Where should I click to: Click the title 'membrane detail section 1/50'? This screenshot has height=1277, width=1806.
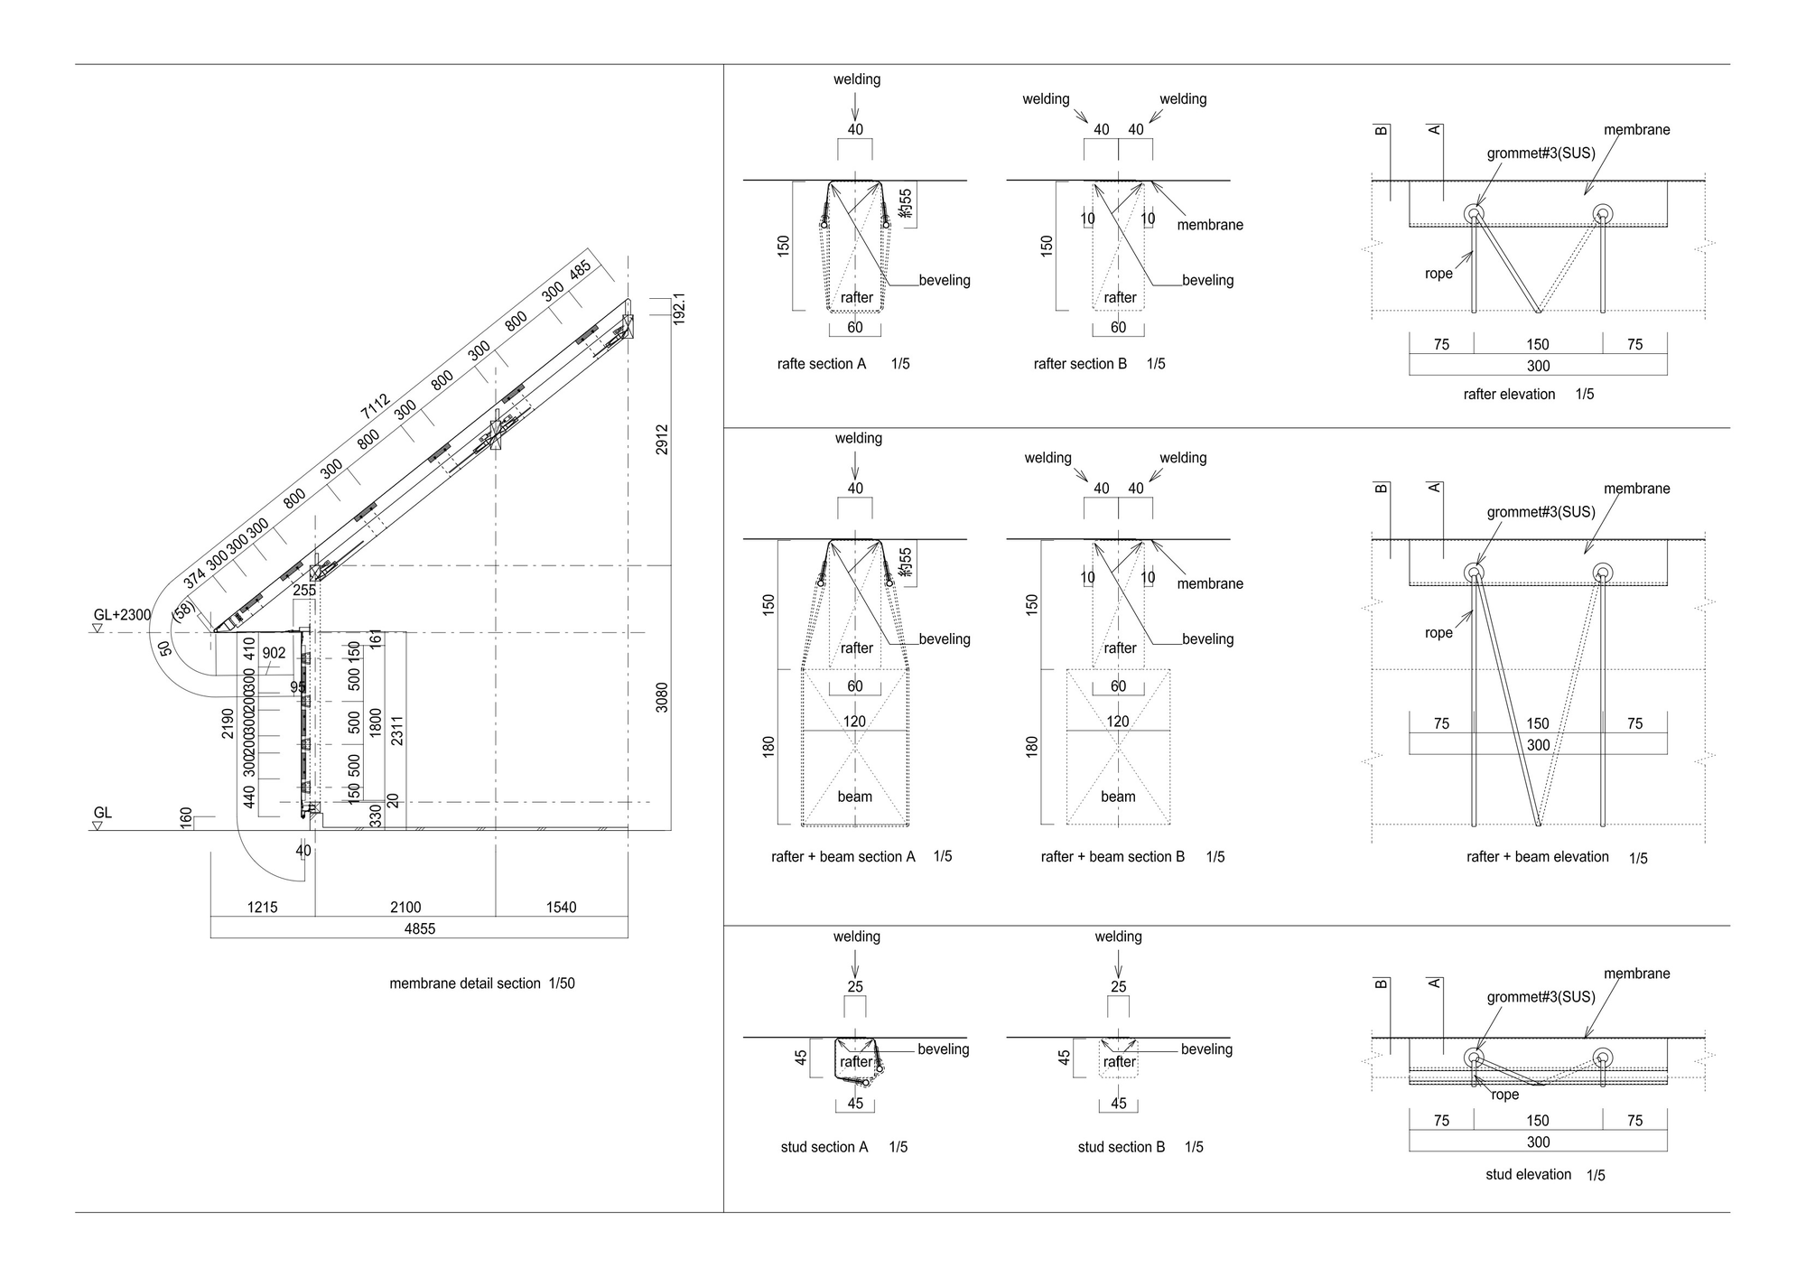click(x=481, y=983)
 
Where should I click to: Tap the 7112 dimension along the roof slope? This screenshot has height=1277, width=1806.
click(x=375, y=406)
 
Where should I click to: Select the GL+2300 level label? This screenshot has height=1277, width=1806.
click(x=122, y=615)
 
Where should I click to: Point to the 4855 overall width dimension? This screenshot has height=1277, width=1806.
click(x=420, y=928)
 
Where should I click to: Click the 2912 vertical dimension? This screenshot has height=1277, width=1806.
click(x=662, y=440)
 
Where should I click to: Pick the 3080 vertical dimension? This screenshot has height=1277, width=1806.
click(x=662, y=697)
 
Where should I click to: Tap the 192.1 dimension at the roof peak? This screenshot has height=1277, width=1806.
click(x=680, y=309)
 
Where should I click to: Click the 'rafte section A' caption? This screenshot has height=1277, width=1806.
click(x=821, y=364)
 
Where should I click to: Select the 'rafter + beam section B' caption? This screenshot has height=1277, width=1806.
click(x=1112, y=856)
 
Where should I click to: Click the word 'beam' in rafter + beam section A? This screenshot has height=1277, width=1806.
click(x=854, y=797)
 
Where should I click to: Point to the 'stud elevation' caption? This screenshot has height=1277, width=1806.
click(x=1528, y=1174)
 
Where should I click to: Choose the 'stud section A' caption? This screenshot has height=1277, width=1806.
click(x=824, y=1147)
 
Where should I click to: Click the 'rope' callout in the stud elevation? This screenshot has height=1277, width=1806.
click(x=1505, y=1095)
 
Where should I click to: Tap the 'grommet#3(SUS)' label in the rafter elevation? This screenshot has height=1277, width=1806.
click(x=1541, y=154)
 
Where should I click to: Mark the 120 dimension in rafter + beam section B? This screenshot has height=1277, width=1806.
click(x=1117, y=722)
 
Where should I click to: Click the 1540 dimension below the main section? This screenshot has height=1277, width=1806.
click(x=561, y=907)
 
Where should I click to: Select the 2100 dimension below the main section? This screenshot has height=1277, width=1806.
click(x=405, y=907)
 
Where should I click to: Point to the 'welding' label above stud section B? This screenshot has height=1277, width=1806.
click(x=1118, y=937)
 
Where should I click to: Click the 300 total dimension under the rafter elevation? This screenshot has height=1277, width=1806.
click(x=1538, y=366)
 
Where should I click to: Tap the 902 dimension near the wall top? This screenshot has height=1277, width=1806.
click(x=274, y=653)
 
